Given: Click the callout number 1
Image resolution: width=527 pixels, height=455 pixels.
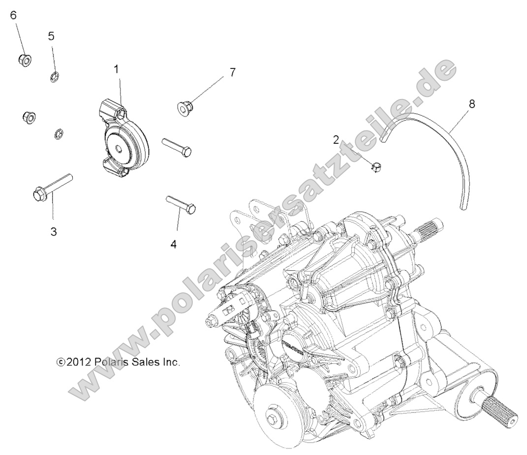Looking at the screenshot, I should pyautogui.click(x=116, y=69).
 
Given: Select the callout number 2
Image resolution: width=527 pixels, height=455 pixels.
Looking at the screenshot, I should pyautogui.click(x=336, y=140).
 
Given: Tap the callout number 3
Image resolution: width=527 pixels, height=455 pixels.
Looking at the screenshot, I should pyautogui.click(x=54, y=231).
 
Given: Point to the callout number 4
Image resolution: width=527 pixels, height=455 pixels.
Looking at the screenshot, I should pyautogui.click(x=174, y=244).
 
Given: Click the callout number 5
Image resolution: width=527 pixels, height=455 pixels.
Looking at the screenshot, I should pyautogui.click(x=51, y=36).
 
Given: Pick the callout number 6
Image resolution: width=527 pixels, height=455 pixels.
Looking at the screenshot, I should pyautogui.click(x=13, y=15).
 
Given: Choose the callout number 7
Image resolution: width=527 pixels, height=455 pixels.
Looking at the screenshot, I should pyautogui.click(x=232, y=72).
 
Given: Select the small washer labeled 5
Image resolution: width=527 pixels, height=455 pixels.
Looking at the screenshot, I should pyautogui.click(x=55, y=76).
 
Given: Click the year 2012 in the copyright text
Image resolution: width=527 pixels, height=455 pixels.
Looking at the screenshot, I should pyautogui.click(x=78, y=362).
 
